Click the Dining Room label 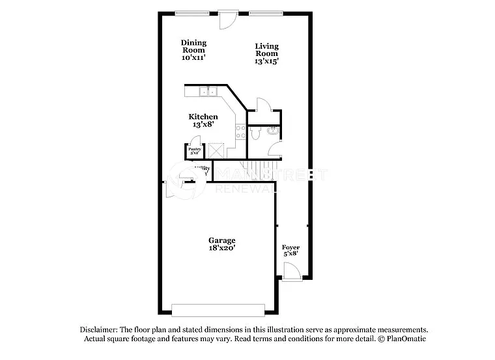[193, 46]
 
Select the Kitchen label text [203, 117]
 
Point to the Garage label [221, 240]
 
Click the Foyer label [290, 248]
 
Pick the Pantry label [194, 149]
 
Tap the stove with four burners [240, 132]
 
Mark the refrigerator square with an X [216, 150]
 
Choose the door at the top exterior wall [227, 20]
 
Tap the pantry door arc [195, 141]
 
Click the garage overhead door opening [218, 309]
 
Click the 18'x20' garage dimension [221, 248]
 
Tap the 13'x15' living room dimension [266, 61]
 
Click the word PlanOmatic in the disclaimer [406, 339]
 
